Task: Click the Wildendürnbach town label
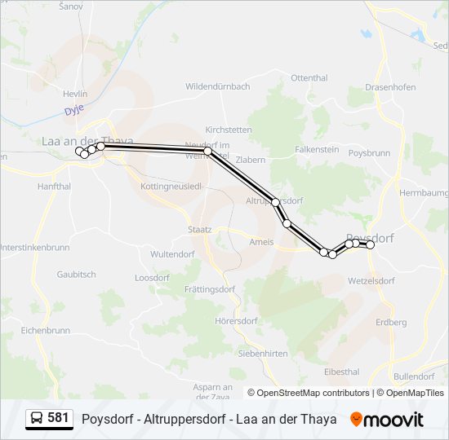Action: coord(217,86)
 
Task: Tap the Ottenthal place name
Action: coord(309,78)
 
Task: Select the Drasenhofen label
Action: coord(390,87)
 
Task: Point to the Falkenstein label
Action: coord(317,150)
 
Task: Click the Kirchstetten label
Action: coord(229,130)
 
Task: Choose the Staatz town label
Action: coord(199,230)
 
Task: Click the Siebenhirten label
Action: coord(263,354)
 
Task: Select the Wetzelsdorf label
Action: coord(371,280)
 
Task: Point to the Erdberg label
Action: coord(391,323)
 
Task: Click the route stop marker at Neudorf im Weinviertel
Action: coord(208,152)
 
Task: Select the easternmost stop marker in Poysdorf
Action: coord(370,244)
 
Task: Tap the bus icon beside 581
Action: coord(37,419)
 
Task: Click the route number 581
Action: coord(58,418)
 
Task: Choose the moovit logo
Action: coord(387,419)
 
